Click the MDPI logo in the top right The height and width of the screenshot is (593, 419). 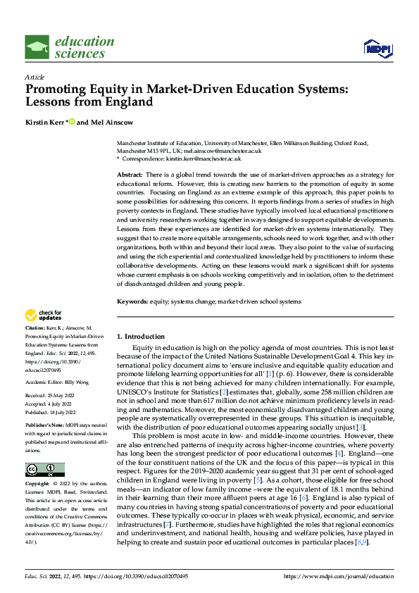tap(376, 47)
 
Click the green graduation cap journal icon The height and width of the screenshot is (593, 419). tap(37, 47)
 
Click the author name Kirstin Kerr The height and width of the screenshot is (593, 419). tap(44, 122)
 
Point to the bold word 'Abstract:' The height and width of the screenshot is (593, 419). tap(130, 174)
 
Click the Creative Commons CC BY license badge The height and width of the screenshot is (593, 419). tap(44, 470)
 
